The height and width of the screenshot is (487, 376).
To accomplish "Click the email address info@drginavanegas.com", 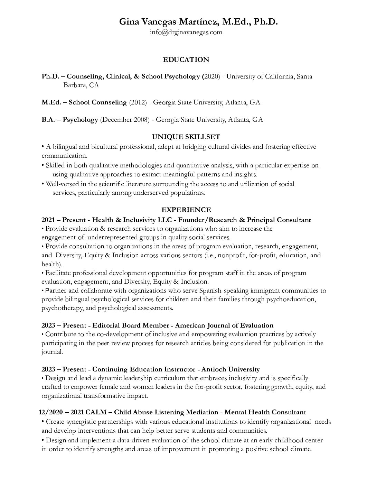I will pyautogui.click(x=186, y=33).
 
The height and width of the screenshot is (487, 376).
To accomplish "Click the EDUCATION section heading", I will pyautogui.click(x=186, y=60).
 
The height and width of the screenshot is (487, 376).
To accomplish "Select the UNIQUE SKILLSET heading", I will pyautogui.click(x=186, y=137).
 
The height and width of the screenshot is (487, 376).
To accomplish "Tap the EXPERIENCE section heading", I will pyautogui.click(x=186, y=210).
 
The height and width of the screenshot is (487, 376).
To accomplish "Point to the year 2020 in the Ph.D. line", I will pyautogui.click(x=211, y=76).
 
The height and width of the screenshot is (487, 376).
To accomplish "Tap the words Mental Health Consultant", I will pyautogui.click(x=265, y=412).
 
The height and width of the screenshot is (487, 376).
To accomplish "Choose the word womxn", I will pyautogui.click(x=129, y=387).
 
